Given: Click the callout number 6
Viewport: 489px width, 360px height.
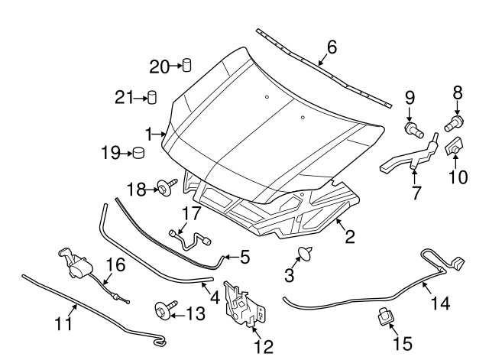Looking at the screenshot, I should [x=332, y=47].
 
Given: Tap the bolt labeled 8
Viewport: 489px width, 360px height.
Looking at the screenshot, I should [x=455, y=122].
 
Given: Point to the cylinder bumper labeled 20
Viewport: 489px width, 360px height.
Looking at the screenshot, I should [x=186, y=66].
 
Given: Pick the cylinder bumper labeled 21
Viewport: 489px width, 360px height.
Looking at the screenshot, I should [x=152, y=97].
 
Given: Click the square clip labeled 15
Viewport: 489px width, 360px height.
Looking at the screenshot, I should [x=384, y=316].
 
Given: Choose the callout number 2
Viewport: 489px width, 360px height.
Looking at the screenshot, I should [x=349, y=238].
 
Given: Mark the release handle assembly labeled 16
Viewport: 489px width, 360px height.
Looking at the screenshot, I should [x=78, y=264].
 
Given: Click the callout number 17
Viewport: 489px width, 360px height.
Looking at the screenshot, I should [x=190, y=213].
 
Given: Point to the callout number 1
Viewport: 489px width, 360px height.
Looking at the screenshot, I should [x=151, y=131].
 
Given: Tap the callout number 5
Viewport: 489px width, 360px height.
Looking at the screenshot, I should [x=244, y=258].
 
